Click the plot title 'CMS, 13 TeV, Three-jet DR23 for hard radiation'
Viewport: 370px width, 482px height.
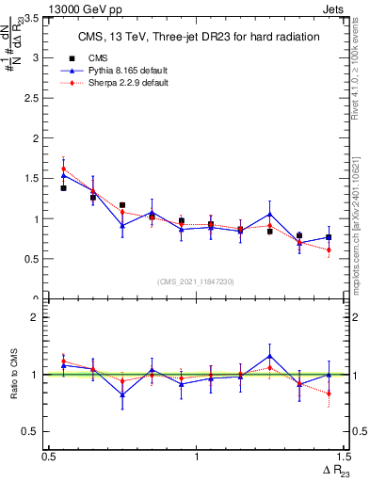[198, 37]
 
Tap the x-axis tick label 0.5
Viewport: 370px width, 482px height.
[48, 457]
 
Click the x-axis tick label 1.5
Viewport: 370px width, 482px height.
[344, 457]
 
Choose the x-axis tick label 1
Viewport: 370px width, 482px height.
[196, 457]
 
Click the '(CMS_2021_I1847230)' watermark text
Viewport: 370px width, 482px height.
[197, 281]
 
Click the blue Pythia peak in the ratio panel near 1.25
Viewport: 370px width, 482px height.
[269, 356]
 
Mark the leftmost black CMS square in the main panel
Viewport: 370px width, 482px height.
[63, 188]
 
